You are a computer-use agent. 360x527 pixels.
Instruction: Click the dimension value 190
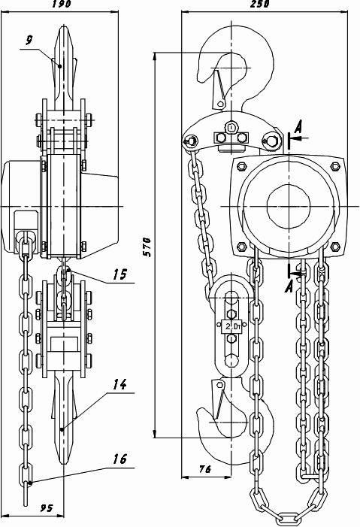(x=62, y=4)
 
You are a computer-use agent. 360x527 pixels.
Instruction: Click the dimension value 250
(x=260, y=4)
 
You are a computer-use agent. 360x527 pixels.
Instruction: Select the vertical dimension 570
(x=147, y=247)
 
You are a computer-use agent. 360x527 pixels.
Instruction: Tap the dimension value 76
(x=204, y=469)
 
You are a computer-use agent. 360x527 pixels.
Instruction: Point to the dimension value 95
(x=47, y=508)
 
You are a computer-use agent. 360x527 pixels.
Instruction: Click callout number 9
(x=29, y=40)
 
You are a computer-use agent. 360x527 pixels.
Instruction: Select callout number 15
(x=120, y=274)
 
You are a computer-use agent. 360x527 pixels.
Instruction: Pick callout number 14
(x=120, y=384)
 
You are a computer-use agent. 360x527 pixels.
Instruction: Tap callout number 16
(x=120, y=459)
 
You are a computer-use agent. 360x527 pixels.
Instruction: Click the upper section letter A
(x=298, y=128)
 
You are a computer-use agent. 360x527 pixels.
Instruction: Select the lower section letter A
(x=289, y=286)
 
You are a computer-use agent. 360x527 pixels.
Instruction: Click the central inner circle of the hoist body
(x=289, y=206)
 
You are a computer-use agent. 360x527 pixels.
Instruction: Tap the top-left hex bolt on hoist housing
(x=242, y=166)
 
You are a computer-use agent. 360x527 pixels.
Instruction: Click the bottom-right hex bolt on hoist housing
(x=334, y=247)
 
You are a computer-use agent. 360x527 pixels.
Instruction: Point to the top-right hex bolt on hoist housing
(x=335, y=166)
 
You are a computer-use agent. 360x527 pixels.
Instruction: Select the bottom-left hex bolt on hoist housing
(x=242, y=247)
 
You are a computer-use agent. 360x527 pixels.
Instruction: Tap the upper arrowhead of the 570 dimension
(x=155, y=57)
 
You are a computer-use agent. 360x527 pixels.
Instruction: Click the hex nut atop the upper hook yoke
(x=231, y=127)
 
